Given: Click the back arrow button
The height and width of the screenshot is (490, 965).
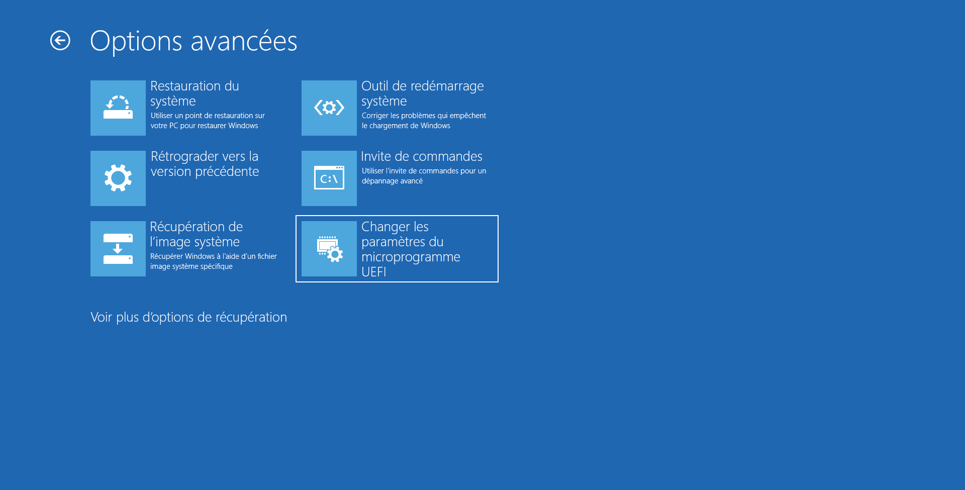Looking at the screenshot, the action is coord(60,41).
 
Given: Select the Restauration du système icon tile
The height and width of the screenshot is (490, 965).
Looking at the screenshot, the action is coord(118,108).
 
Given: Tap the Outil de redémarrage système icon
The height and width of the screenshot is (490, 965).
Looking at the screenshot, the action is coord(329,108).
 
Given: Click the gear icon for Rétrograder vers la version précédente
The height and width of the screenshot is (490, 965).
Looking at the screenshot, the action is coord(118,178).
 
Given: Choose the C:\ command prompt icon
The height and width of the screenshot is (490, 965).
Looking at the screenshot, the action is coord(329,178).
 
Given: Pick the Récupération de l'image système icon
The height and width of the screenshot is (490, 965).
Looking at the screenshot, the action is coord(118,249).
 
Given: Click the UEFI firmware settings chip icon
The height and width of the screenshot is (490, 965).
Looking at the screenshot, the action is coord(329,249).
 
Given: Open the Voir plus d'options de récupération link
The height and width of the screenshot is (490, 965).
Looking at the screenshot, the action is coord(189,317).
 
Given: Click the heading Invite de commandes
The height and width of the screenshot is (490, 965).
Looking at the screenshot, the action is coord(422,156).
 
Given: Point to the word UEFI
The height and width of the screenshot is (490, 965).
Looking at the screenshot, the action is coord(374,272).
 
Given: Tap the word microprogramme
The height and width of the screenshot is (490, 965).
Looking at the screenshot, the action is coord(411,257).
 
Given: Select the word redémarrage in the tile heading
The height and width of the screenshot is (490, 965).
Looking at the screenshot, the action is coord(448,86).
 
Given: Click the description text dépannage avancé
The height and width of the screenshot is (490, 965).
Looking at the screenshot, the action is coord(392,181).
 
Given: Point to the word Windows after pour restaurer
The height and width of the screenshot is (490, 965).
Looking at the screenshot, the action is coord(243,126).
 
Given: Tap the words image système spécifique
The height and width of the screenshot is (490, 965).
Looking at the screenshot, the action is coord(191,266).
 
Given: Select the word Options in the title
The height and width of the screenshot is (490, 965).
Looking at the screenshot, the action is coord(136,41).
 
